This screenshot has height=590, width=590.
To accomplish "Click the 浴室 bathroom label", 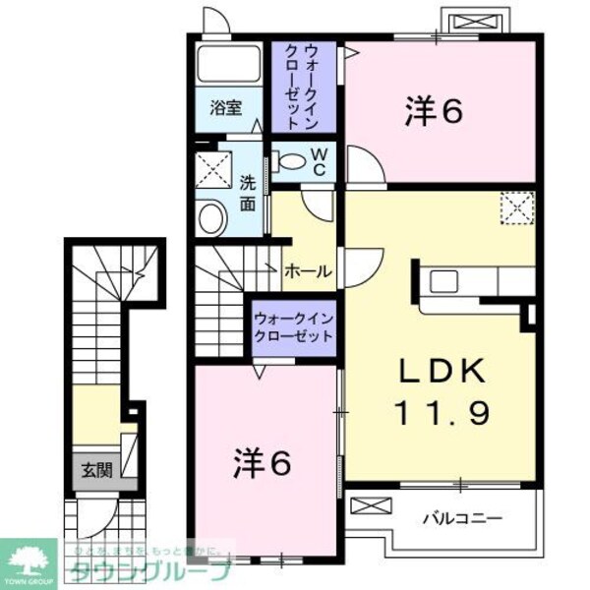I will [x=225, y=109].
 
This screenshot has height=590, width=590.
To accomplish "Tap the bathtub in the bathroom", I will [x=229, y=65].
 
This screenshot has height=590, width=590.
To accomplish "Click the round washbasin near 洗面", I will [x=209, y=219].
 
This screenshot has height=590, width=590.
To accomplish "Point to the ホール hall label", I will [x=307, y=272].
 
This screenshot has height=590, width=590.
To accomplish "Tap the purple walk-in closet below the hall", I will [x=292, y=326].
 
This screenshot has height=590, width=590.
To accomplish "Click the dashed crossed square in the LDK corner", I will [x=516, y=207].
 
